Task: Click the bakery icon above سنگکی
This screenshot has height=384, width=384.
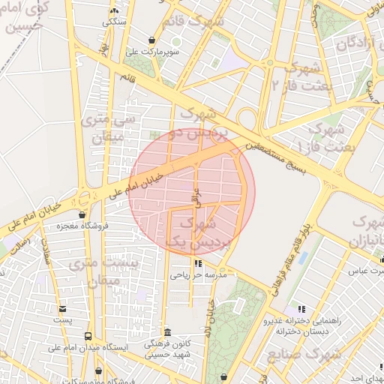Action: click(114, 11)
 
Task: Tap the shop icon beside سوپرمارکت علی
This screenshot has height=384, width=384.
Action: click(153, 40)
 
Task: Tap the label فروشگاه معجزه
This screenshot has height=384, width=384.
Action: click(84, 225)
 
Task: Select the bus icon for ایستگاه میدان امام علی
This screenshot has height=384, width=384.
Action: click(88, 337)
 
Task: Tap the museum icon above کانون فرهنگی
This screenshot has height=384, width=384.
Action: click(166, 332)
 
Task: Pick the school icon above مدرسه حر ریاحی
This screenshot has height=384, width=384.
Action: click(198, 263)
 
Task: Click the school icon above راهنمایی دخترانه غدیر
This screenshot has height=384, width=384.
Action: click(301, 308)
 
